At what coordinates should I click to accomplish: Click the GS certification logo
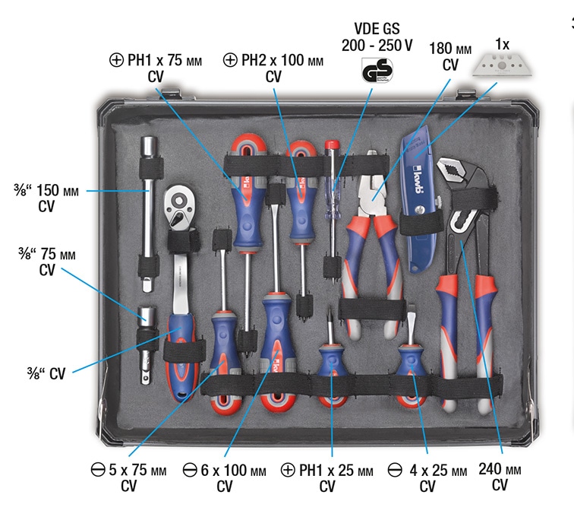(377, 70)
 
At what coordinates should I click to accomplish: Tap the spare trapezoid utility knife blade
(502, 65)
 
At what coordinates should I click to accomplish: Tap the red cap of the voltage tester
(332, 144)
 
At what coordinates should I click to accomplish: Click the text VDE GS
(377, 28)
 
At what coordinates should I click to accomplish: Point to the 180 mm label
(450, 49)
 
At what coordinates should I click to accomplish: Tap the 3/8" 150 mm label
(46, 190)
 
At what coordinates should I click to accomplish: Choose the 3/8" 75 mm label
(47, 254)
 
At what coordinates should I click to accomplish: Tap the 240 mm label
(500, 469)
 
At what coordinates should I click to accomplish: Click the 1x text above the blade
(502, 44)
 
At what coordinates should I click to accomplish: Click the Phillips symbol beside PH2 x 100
(230, 60)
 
